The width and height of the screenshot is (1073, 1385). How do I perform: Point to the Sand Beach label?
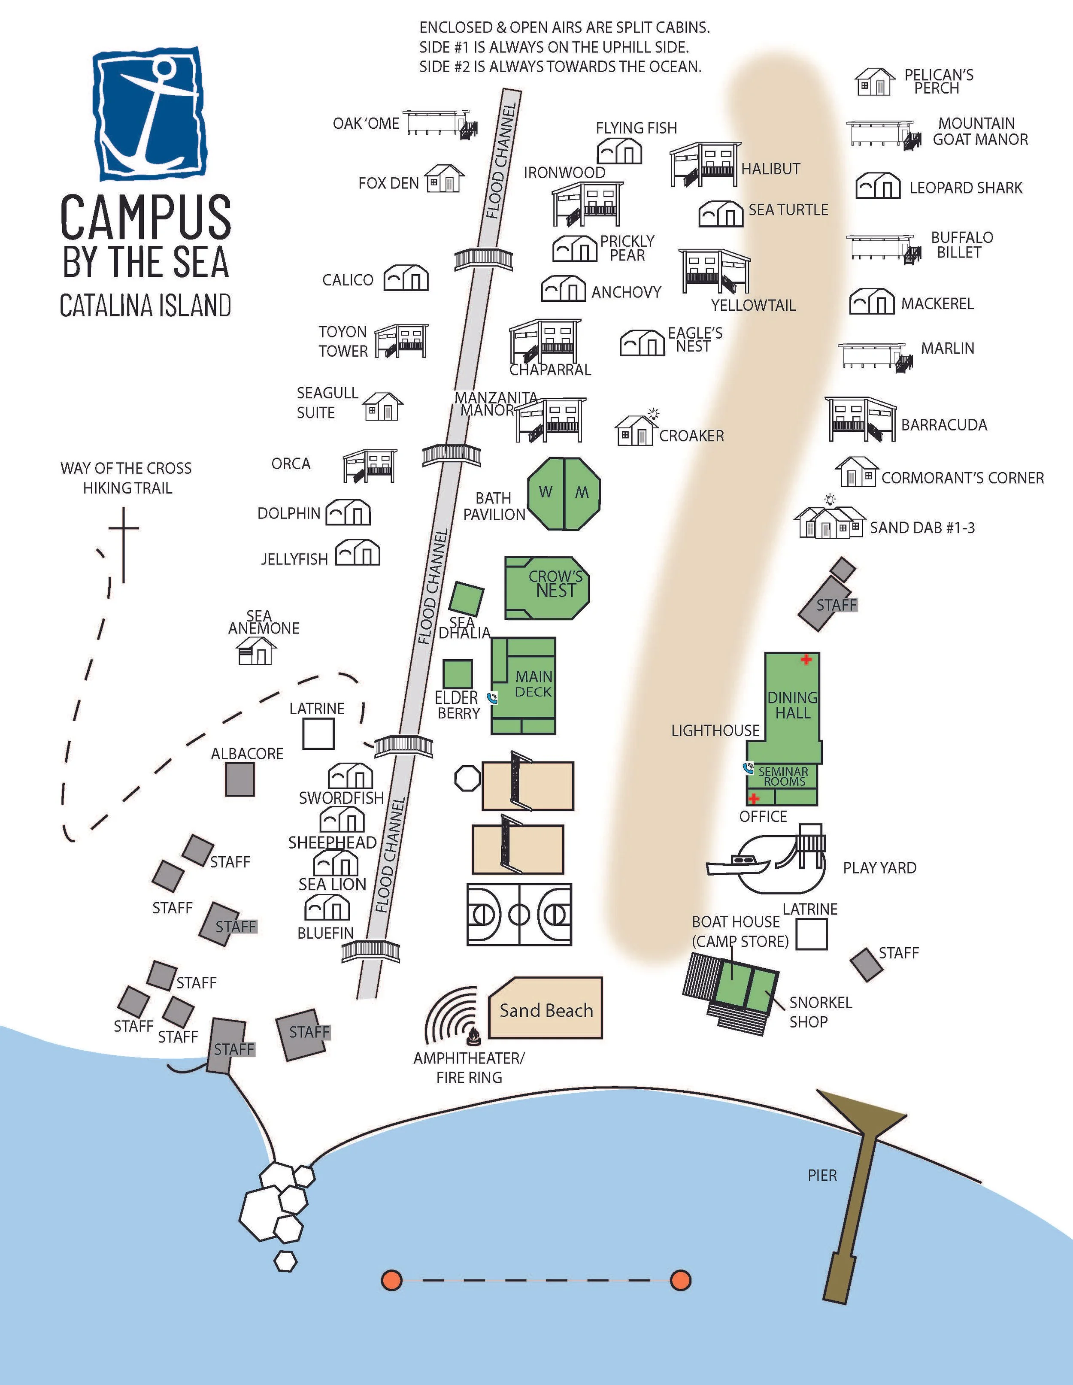[x=546, y=1010]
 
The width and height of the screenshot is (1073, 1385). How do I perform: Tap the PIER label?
[x=822, y=1175]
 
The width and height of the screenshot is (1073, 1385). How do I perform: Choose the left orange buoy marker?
[x=392, y=1280]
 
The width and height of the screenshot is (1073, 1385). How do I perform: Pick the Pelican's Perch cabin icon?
[x=875, y=82]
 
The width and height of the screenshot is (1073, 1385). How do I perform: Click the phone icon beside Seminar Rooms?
[x=748, y=768]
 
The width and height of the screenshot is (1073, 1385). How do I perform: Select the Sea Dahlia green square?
[x=467, y=597]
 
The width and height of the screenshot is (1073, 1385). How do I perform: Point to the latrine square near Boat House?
[x=811, y=934]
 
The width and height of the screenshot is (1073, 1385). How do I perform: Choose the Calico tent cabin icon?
[x=406, y=278]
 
